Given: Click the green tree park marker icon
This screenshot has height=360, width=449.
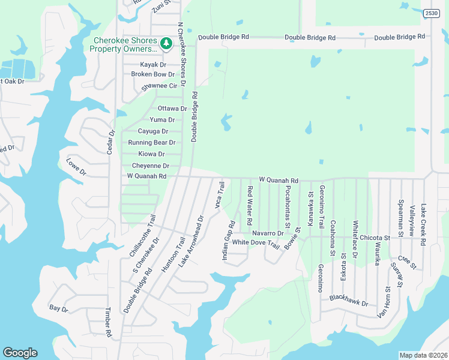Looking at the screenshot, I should pyautogui.click(x=166, y=43).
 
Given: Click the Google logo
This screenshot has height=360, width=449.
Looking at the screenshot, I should pyautogui.click(x=20, y=353).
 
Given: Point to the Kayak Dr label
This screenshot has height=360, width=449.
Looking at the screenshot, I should pyautogui.click(x=153, y=64).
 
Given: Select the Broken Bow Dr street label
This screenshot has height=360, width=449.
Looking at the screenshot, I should pyautogui.click(x=152, y=74).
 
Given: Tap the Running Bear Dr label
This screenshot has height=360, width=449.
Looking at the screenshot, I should pyautogui.click(x=151, y=143).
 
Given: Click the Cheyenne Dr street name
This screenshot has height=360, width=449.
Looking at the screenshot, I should pyautogui.click(x=150, y=166).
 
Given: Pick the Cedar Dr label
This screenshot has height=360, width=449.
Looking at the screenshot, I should pyautogui.click(x=111, y=142).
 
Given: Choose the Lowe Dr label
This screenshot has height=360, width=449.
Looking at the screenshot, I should pyautogui.click(x=76, y=167).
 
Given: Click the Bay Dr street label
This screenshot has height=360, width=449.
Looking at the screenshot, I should pyautogui.click(x=59, y=308).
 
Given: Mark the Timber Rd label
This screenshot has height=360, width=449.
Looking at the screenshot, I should pyautogui.click(x=109, y=322).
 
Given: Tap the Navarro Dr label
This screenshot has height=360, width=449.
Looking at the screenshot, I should pyautogui.click(x=268, y=232).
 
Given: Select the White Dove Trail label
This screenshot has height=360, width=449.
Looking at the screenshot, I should pyautogui.click(x=256, y=242).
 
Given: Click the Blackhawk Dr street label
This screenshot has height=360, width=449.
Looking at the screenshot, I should pyautogui.click(x=348, y=301).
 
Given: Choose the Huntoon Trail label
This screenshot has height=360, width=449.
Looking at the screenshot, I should pyautogui.click(x=172, y=254).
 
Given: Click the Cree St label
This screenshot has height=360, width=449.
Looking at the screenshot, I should pyautogui.click(x=406, y=262).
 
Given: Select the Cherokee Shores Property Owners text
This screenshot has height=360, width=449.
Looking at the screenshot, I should pyautogui.click(x=125, y=44).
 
